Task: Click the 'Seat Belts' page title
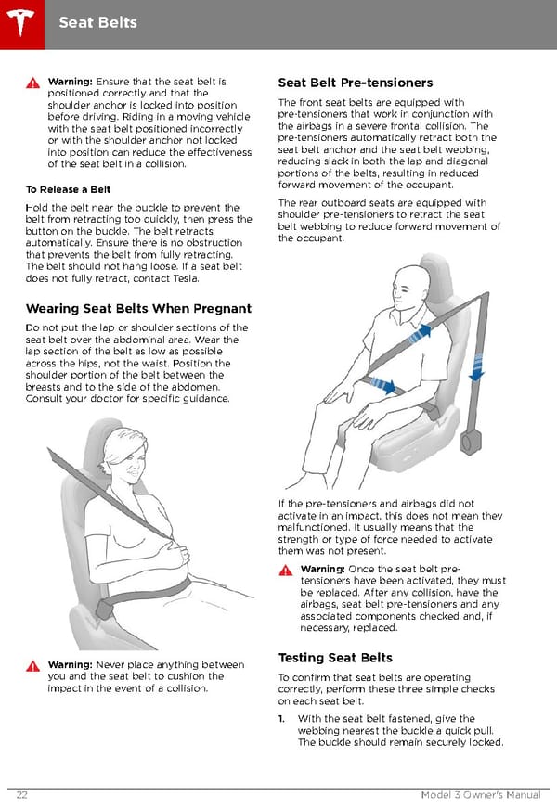(97, 21)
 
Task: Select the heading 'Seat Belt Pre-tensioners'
(355, 83)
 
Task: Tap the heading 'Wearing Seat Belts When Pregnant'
(138, 308)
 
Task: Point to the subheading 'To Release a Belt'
(68, 189)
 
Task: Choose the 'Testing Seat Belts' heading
(334, 658)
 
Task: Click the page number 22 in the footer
(20, 795)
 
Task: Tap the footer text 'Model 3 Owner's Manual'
(480, 795)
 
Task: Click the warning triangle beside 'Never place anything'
(32, 665)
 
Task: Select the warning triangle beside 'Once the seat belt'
(286, 569)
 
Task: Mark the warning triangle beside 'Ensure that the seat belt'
(32, 82)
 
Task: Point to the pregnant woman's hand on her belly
(174, 555)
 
